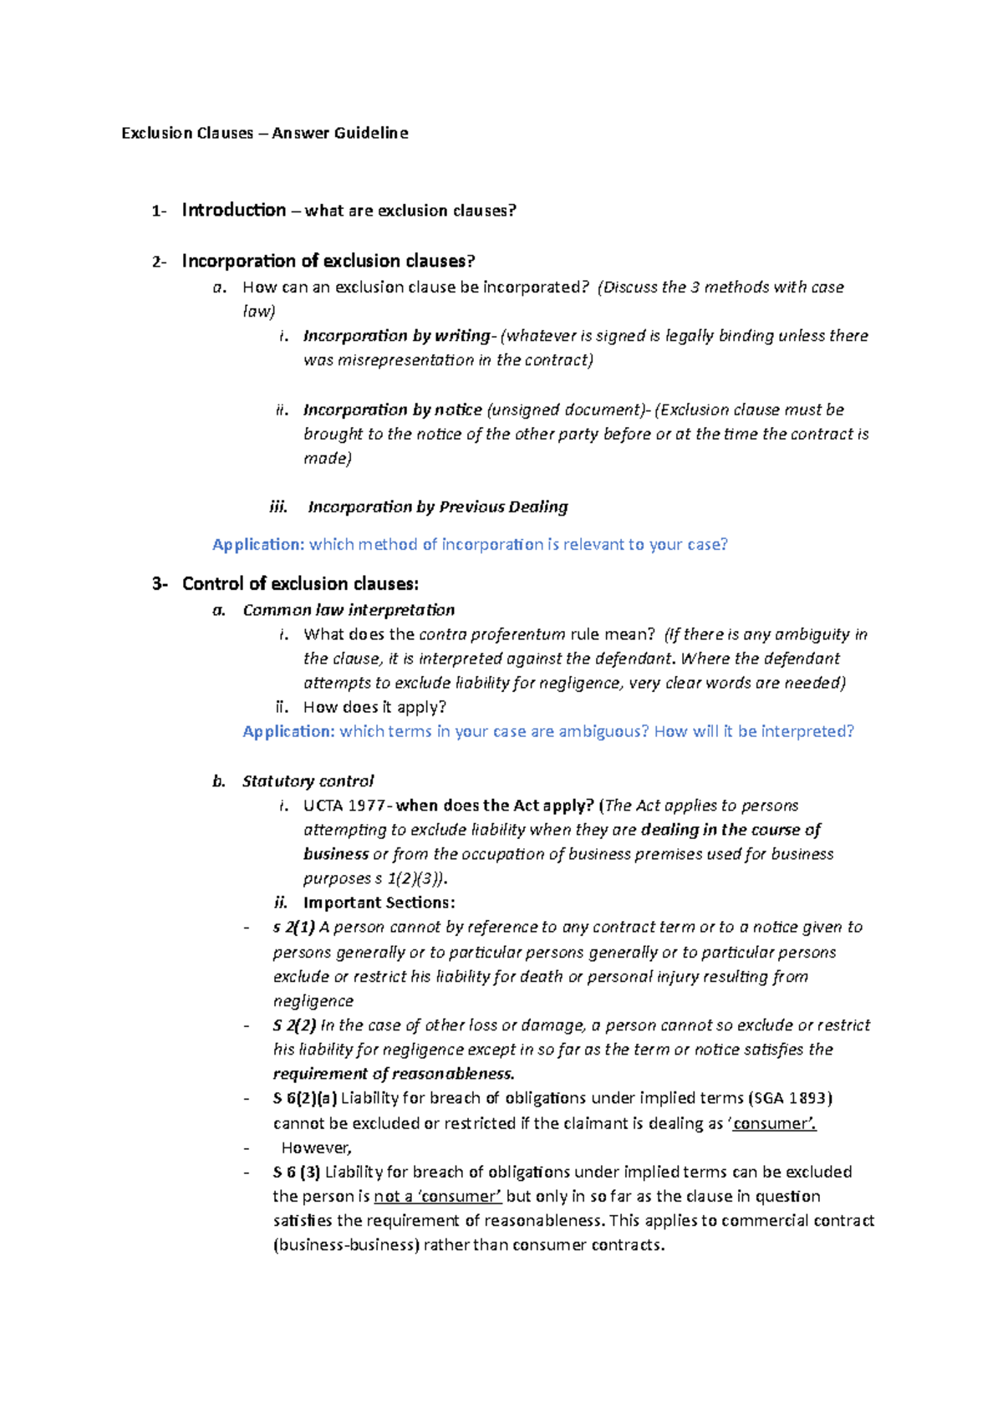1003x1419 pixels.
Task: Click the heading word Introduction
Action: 233,210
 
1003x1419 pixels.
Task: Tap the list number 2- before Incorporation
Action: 159,262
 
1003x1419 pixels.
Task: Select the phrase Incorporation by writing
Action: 397,336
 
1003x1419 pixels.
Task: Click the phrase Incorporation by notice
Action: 392,410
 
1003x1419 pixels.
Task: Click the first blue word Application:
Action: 258,545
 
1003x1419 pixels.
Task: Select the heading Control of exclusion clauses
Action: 300,584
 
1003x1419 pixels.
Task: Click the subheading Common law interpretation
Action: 349,610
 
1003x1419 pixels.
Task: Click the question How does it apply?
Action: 374,707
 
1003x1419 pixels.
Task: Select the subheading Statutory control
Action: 308,781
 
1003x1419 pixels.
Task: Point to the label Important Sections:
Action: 379,903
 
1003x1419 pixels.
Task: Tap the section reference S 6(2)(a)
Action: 305,1098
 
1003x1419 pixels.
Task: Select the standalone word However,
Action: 316,1147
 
